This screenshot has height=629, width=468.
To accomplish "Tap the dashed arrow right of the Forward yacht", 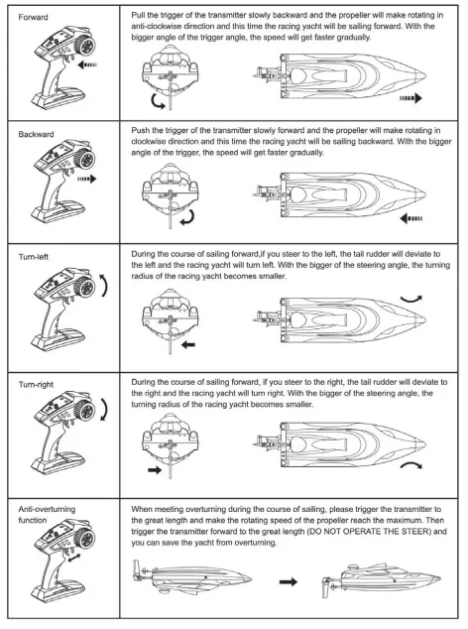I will (x=409, y=98).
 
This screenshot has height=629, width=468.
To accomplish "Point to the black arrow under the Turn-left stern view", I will (x=187, y=346).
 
